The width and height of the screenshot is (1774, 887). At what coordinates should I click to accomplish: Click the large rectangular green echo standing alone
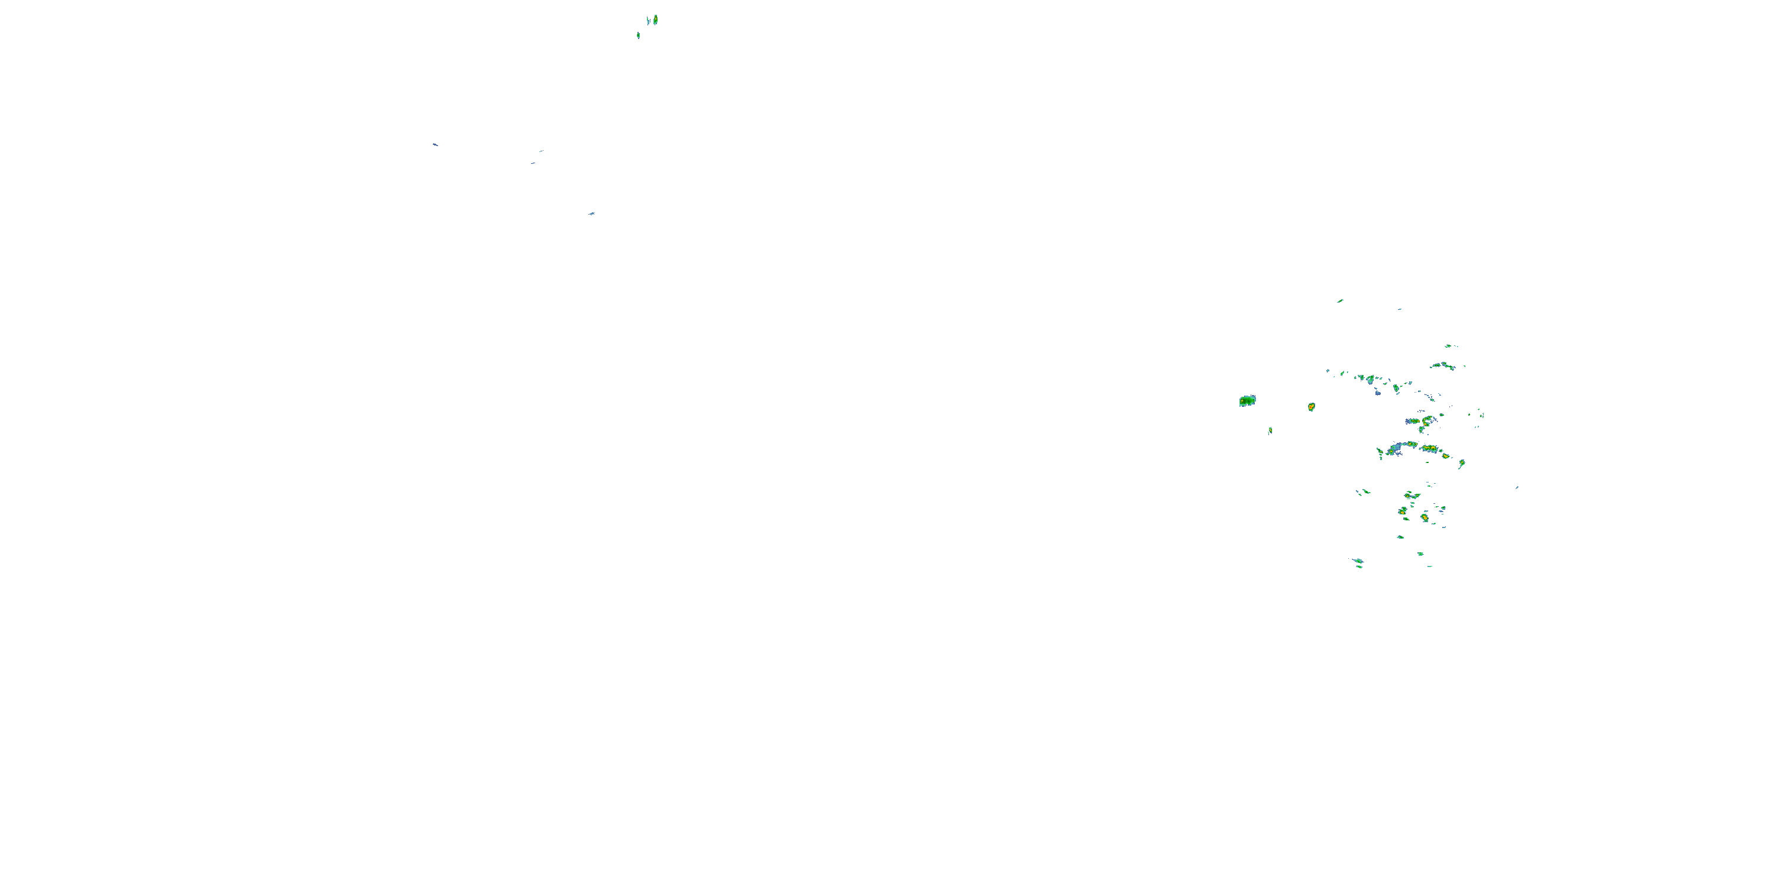pyautogui.click(x=1247, y=401)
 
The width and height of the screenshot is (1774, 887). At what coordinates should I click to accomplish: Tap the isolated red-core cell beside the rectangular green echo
pyautogui.click(x=1311, y=407)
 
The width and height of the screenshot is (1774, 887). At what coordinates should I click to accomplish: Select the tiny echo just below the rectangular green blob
pyautogui.click(x=1270, y=430)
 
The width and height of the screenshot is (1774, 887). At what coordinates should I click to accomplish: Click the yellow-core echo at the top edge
pyautogui.click(x=656, y=20)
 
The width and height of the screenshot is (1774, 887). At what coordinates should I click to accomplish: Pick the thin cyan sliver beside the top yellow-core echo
pyautogui.click(x=648, y=21)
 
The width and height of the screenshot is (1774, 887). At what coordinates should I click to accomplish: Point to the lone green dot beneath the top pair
pyautogui.click(x=639, y=35)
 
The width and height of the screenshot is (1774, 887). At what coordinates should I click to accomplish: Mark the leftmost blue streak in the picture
pyautogui.click(x=435, y=145)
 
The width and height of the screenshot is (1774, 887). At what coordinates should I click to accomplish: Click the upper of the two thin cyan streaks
pyautogui.click(x=541, y=151)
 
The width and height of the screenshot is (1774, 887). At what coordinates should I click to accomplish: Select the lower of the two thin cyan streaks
pyautogui.click(x=533, y=163)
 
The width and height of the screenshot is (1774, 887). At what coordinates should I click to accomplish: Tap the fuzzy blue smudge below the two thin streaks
pyautogui.click(x=591, y=213)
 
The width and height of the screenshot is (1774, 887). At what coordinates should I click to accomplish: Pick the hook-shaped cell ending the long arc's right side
pyautogui.click(x=1461, y=464)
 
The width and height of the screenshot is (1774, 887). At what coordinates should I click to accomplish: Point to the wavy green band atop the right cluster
pyautogui.click(x=1443, y=365)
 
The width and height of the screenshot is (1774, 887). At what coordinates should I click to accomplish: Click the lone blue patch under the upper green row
pyautogui.click(x=1377, y=393)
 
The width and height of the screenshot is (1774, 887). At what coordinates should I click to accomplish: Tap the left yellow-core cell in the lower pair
pyautogui.click(x=1402, y=511)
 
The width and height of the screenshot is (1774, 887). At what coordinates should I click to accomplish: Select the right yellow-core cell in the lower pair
pyautogui.click(x=1424, y=517)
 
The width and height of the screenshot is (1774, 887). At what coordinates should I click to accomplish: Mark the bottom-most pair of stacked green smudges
pyautogui.click(x=1358, y=562)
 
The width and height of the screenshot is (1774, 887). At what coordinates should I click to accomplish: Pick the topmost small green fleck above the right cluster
pyautogui.click(x=1340, y=301)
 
